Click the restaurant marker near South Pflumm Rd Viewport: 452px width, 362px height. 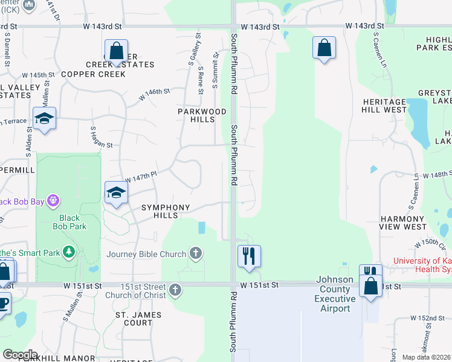pyautogui.click(x=249, y=256)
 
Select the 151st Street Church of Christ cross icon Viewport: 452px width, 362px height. pyautogui.click(x=175, y=290)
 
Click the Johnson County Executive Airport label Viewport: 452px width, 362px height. pyautogui.click(x=335, y=299)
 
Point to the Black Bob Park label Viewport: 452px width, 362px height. pyautogui.click(x=73, y=222)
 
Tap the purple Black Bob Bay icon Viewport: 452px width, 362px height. pyautogui.click(x=53, y=199)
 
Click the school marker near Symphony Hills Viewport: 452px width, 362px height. pyautogui.click(x=116, y=193)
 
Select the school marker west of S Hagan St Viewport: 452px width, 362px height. pyautogui.click(x=44, y=118)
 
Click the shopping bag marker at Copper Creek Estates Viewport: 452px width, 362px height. pyautogui.click(x=116, y=51)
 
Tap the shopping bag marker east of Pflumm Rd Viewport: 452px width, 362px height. pyautogui.click(x=324, y=48)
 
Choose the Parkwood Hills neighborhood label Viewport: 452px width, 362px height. pyautogui.click(x=202, y=115)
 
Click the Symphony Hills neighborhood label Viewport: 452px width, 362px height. pyautogui.click(x=166, y=211)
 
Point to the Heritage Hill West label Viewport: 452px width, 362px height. pyautogui.click(x=384, y=106)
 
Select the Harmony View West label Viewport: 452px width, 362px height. pyautogui.click(x=403, y=223)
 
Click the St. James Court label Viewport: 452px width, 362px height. pyautogui.click(x=138, y=319)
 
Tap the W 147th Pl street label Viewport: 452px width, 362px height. pyautogui.click(x=141, y=177)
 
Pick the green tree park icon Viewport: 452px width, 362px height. pyautogui.click(x=69, y=251)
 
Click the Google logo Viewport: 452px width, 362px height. pyautogui.click(x=20, y=355)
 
